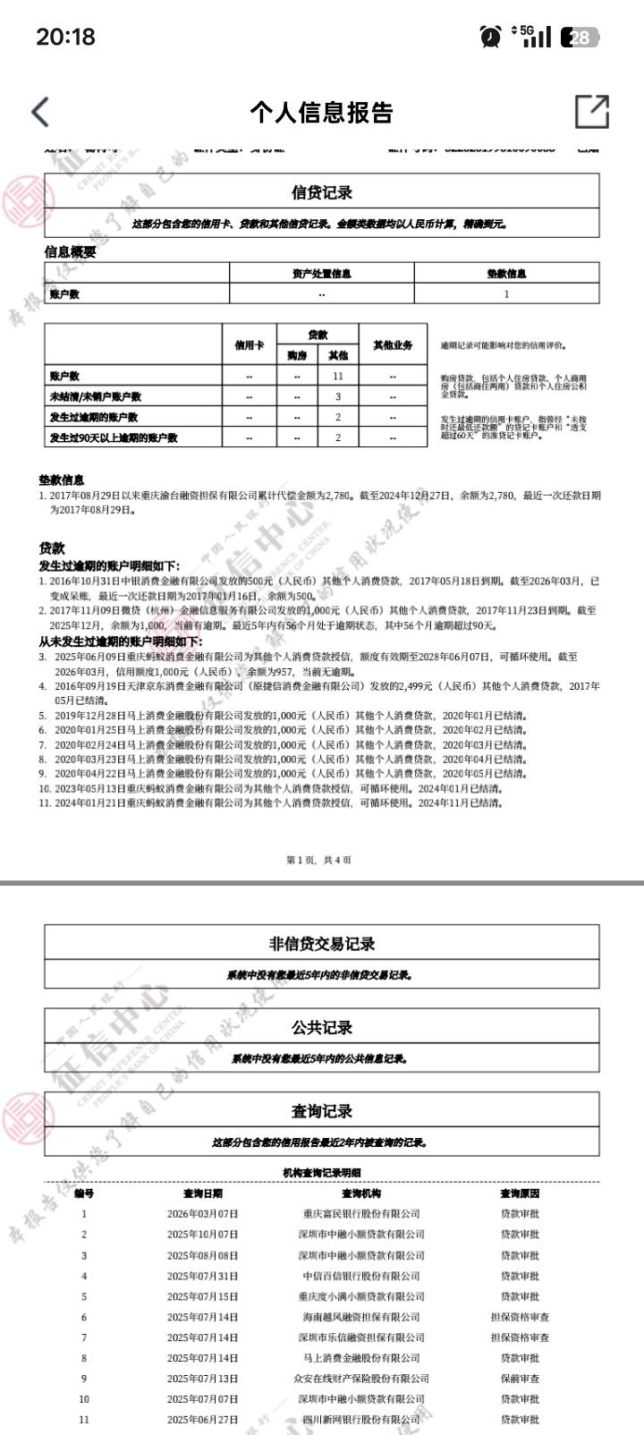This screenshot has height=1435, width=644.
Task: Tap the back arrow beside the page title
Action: coord(40,112)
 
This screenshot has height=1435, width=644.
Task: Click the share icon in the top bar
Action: coord(591,112)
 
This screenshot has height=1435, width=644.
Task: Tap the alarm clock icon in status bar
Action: coord(490,37)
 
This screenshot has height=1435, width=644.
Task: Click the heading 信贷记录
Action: coord(322,192)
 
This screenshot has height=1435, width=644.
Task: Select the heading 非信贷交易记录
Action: coord(322,944)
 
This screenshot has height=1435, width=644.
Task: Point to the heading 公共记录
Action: coord(322,1027)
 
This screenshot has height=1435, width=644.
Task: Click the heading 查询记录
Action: coord(322,1111)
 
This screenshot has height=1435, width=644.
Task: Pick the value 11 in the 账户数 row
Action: coord(338,377)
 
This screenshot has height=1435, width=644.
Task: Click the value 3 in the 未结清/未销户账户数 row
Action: coord(338,397)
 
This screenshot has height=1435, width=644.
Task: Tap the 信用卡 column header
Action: coord(250,345)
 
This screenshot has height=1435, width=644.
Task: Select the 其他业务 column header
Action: coord(393,345)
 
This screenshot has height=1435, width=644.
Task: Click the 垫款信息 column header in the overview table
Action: coord(506,274)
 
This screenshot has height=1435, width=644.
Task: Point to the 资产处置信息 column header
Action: coord(322,274)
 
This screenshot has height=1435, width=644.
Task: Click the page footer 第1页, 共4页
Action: coord(319,860)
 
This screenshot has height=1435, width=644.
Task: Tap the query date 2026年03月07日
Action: coord(203,1214)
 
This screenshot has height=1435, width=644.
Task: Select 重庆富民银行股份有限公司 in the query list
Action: coord(361,1214)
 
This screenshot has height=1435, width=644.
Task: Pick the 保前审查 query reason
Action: coord(520,1379)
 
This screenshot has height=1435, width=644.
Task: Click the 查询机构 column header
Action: coord(361,1193)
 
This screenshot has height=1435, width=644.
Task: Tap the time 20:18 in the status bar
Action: coord(65,37)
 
